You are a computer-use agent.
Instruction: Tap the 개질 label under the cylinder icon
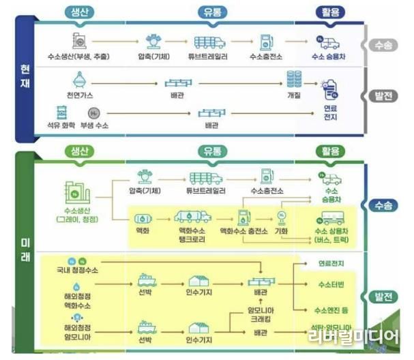click(x=294, y=95)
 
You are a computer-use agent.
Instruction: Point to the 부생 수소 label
click(x=94, y=126)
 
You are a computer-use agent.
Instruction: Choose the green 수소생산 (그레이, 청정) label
click(x=78, y=215)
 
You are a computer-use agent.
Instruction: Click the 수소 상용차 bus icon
click(x=331, y=217)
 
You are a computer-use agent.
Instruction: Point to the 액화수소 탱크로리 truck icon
click(x=192, y=217)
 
